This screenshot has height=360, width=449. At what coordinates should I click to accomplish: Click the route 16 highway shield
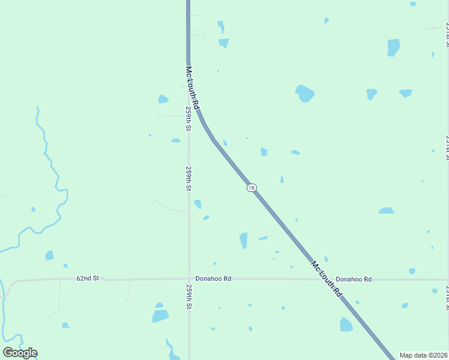click(x=252, y=188)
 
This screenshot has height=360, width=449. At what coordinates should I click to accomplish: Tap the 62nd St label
click(x=87, y=278)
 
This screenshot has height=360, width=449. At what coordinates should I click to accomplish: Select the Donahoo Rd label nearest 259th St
click(x=213, y=279)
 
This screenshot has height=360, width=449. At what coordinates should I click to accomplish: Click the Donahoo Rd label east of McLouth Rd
click(x=354, y=279)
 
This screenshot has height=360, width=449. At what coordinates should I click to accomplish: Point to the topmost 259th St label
click(x=188, y=120)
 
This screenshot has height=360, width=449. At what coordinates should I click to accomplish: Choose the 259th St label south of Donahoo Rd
click(x=188, y=298)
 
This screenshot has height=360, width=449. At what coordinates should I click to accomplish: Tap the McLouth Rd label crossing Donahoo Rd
click(x=326, y=279)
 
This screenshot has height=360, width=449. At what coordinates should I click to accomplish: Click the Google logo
click(x=20, y=352)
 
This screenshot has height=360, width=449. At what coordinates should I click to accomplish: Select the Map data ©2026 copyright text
click(x=423, y=355)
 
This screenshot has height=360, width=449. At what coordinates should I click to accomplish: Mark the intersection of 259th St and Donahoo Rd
click(x=189, y=279)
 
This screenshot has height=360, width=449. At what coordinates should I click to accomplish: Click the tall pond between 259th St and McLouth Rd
click(x=243, y=240)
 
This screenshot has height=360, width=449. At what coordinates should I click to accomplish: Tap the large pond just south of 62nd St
click(x=160, y=316)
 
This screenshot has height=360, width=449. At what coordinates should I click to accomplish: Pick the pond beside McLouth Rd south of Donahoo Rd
click(x=346, y=325)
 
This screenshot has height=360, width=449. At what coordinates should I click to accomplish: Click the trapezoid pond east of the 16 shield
click(x=387, y=211)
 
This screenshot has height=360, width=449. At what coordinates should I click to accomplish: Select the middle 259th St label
click(x=188, y=179)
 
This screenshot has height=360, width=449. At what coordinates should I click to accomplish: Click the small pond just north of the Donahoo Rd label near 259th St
click(x=214, y=263)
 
